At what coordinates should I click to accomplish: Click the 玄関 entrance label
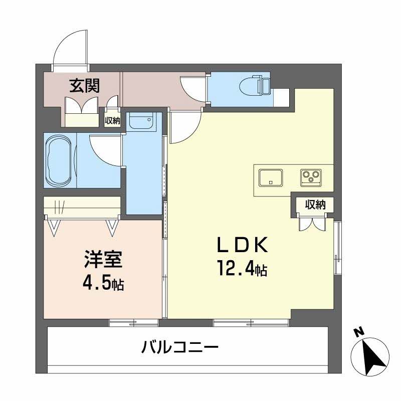(x=84, y=86)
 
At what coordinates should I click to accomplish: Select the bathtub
(x=59, y=159)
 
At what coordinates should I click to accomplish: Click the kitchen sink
(x=270, y=177)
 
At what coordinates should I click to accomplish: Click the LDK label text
(x=243, y=246)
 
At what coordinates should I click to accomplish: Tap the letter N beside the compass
(x=357, y=332)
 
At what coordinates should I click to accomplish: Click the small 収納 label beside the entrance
(x=112, y=120)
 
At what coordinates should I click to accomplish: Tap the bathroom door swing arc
(x=104, y=148)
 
